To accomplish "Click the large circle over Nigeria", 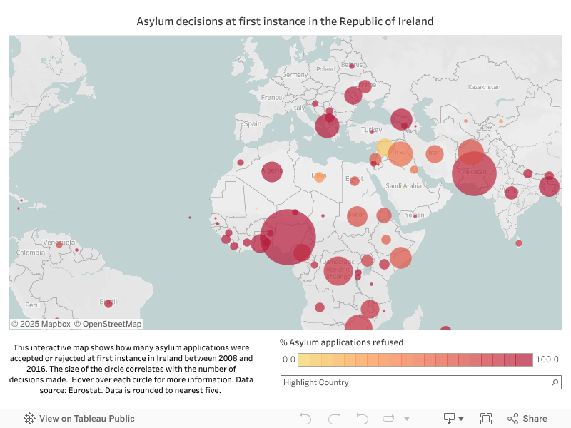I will [288, 237].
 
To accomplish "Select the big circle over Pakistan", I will [474, 173].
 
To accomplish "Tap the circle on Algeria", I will [272, 171].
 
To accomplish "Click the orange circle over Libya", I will [319, 176].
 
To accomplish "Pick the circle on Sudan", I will [357, 217].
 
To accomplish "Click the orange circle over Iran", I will [435, 153].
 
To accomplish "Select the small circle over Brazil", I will [108, 303].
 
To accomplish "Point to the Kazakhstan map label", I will [484, 87].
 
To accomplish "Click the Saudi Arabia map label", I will [404, 185].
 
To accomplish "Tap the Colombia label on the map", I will [31, 253].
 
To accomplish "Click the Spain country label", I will [253, 123].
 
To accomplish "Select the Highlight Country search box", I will [414, 382].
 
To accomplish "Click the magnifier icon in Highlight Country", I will [555, 383].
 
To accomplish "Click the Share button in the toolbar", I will [527, 419].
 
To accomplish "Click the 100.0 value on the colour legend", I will [547, 360].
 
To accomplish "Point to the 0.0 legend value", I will [288, 360].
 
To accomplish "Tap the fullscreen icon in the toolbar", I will [486, 419].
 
